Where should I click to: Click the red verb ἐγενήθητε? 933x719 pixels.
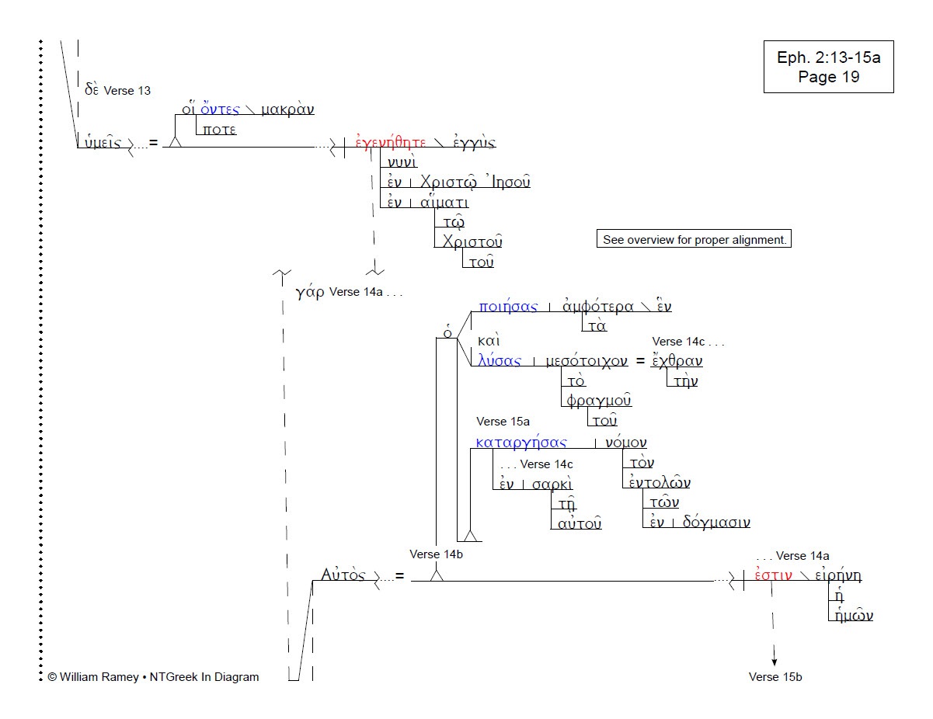391,143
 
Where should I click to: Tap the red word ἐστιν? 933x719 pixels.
773,576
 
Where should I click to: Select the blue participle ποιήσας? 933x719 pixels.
509,307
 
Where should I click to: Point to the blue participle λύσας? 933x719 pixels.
500,361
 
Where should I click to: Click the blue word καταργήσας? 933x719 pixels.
521,443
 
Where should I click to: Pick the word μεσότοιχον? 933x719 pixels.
587,361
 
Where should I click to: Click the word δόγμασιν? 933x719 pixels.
716,523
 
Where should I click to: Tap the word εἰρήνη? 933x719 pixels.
843,576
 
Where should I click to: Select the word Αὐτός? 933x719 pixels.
343,575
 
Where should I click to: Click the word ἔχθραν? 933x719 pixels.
677,361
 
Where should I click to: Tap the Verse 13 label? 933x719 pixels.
127,90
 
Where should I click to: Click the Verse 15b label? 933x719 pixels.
775,677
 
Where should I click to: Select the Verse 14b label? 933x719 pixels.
437,554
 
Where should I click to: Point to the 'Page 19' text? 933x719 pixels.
828,77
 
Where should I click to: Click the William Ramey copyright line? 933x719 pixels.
153,677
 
